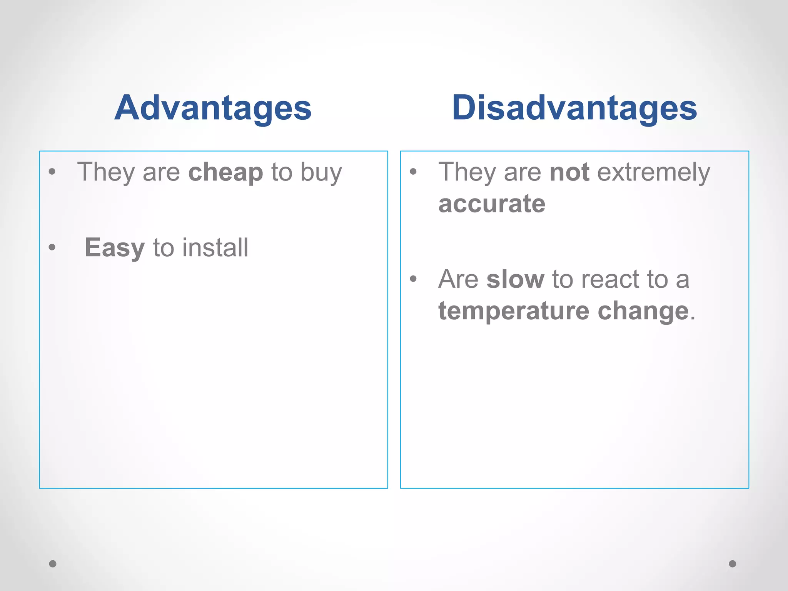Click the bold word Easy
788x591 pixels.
[115, 248]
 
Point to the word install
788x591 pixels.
[215, 247]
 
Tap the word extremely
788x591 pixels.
[653, 172]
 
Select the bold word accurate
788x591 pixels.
[492, 204]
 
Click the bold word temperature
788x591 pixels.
[514, 311]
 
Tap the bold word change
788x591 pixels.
[643, 311]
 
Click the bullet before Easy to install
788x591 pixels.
[52, 247]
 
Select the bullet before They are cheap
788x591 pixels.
[52, 172]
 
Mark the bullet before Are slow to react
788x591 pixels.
[413, 279]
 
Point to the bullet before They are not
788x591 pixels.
[413, 172]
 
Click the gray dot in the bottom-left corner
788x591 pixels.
[53, 564]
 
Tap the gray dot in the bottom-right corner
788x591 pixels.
[733, 564]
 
